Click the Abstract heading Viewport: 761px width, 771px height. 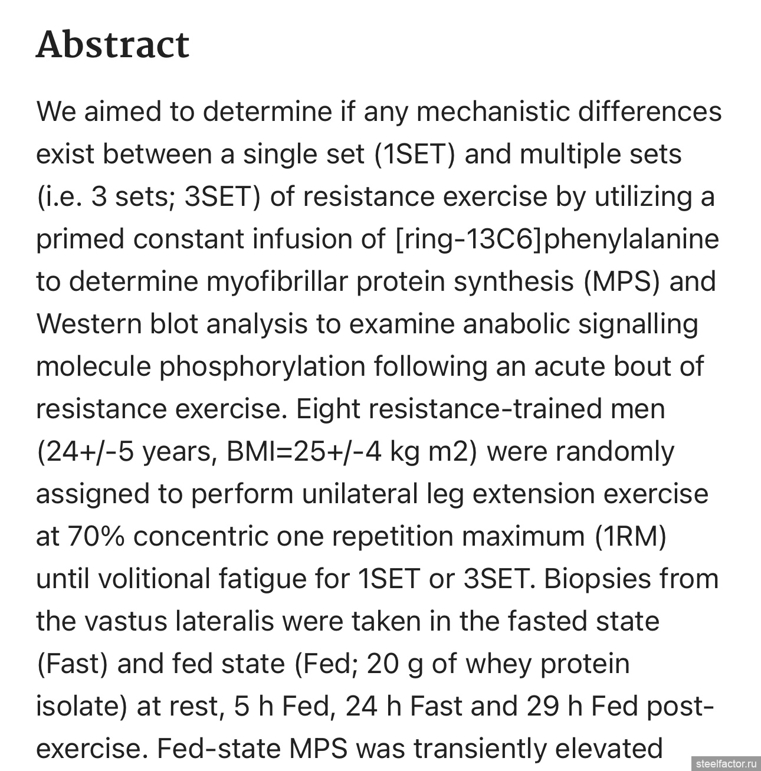(113, 45)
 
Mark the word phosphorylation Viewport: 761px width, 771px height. (263, 366)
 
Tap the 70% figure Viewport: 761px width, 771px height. (96, 536)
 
